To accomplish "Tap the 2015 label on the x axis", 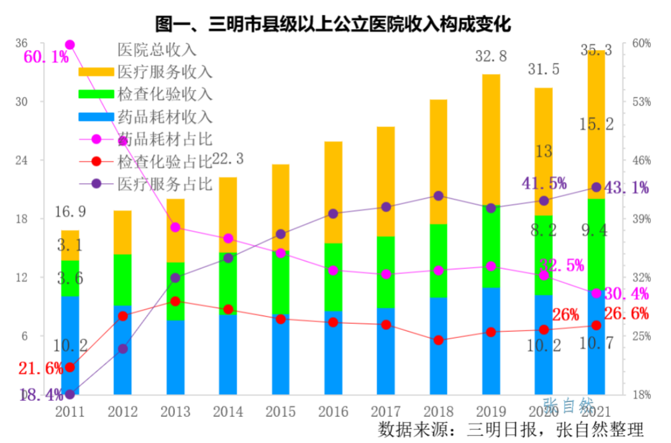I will (x=280, y=411).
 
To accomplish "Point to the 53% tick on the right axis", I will (x=641, y=101).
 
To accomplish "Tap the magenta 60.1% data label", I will (x=45, y=57).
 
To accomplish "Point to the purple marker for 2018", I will (x=439, y=196).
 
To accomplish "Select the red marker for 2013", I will (x=175, y=301).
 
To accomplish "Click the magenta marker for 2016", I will (x=333, y=270).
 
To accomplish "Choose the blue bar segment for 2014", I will (x=227, y=354).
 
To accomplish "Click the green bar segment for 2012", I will (x=122, y=280).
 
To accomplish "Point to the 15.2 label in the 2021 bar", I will (x=596, y=124).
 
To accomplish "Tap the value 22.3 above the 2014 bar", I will (x=227, y=159).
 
